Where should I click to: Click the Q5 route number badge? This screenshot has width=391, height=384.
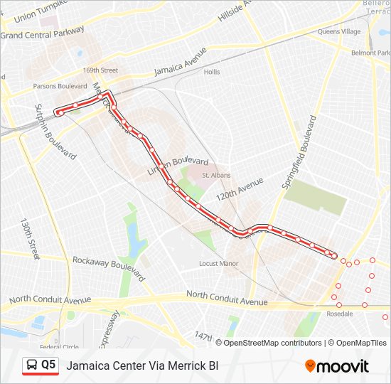48,365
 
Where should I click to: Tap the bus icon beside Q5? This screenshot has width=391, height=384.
32,366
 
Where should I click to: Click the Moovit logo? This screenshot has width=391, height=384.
337,366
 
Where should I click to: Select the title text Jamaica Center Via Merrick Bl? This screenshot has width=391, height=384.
142,366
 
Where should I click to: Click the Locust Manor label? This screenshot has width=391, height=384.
218,263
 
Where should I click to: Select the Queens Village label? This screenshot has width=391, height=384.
339,31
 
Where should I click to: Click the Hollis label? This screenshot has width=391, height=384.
212,72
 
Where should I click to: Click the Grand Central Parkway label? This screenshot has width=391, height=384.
43,33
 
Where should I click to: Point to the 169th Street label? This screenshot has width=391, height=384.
100,70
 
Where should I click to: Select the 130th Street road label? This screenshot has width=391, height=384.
31,238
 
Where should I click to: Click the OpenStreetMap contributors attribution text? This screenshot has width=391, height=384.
274,343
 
